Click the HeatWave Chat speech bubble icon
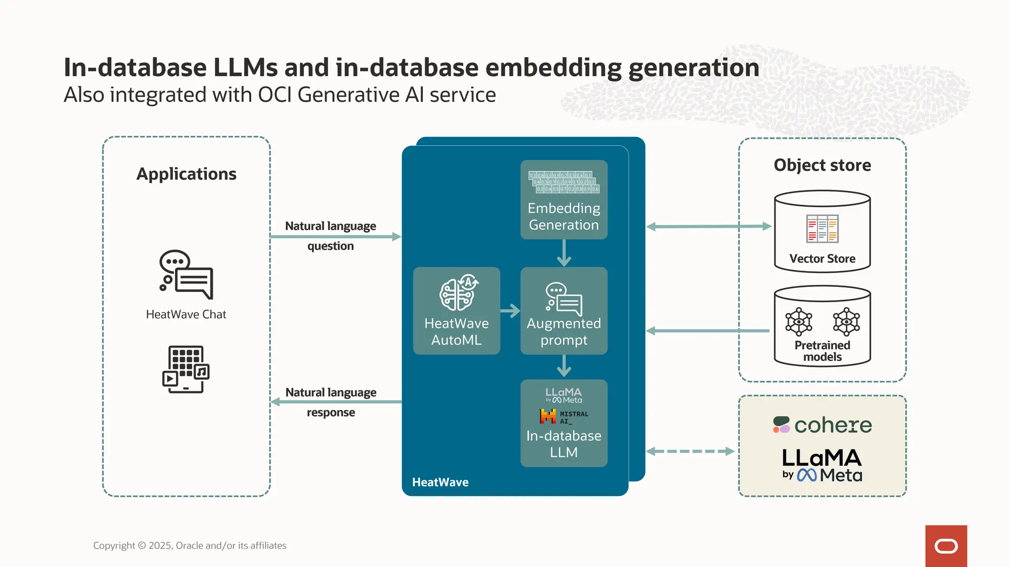point(186,274)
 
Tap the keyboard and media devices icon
point(186,369)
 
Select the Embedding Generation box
point(564,200)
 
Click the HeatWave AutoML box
point(456,311)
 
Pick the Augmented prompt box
point(564,311)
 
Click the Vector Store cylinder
point(822,231)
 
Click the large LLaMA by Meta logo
point(822,465)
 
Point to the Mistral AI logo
point(564,416)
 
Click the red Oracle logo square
point(945,546)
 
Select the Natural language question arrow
point(335,237)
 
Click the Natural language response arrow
point(335,402)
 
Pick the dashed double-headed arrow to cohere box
point(690,451)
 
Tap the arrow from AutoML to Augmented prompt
point(510,311)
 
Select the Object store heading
point(822,165)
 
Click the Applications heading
point(186,174)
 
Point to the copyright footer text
point(190,545)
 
